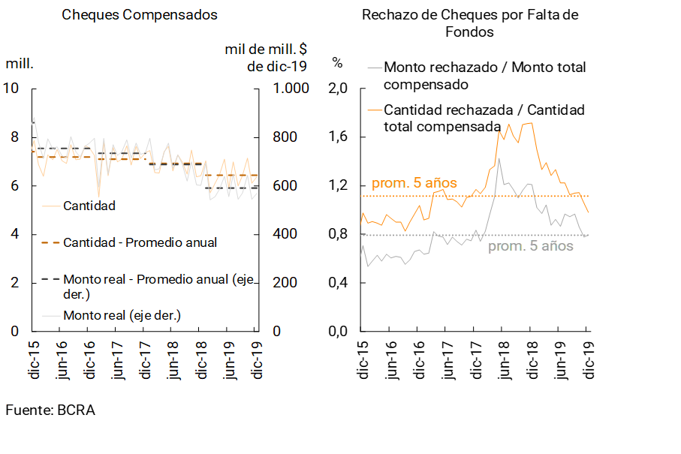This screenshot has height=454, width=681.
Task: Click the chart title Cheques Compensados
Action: click(140, 15)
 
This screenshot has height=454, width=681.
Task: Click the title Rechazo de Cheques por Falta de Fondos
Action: click(470, 23)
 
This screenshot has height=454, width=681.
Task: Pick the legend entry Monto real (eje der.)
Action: click(122, 314)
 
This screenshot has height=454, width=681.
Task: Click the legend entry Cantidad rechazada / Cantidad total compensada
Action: click(484, 118)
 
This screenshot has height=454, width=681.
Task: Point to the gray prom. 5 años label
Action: click(531, 246)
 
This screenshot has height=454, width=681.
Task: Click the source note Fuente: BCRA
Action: click(50, 410)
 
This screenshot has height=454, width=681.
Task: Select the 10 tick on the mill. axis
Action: click(11, 89)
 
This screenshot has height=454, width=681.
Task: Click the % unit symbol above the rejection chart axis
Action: click(338, 62)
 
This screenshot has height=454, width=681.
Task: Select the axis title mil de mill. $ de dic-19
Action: click(266, 58)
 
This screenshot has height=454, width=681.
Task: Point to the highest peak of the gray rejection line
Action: click(499, 158)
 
